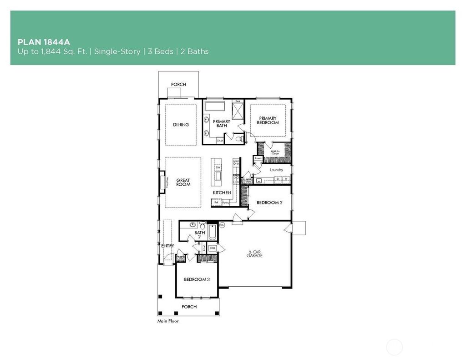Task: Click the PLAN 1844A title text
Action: click(43, 42)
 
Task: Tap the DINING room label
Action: click(181, 125)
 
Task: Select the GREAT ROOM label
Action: click(183, 183)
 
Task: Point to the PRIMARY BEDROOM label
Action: click(268, 121)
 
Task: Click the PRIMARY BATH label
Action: click(222, 123)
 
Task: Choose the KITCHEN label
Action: click(222, 193)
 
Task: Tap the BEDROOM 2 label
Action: click(269, 203)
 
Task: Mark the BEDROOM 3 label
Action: click(197, 279)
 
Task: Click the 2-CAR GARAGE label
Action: click(255, 254)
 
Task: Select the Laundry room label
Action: click(276, 170)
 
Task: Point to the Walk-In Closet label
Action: click(275, 152)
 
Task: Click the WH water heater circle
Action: click(223, 225)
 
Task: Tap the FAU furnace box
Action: click(212, 248)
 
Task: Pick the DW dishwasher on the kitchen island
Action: click(218, 167)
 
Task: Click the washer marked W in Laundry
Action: click(286, 179)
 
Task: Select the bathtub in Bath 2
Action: click(212, 232)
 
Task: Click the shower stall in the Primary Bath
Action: click(238, 111)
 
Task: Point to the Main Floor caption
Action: click(168, 321)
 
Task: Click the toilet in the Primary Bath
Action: click(238, 137)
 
